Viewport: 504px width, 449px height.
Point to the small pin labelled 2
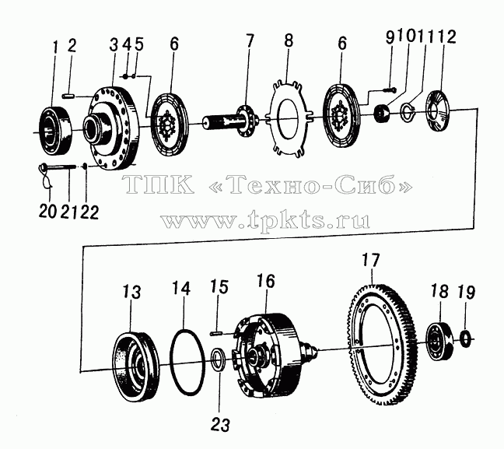(68, 96)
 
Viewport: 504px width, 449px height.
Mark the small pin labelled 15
(217, 334)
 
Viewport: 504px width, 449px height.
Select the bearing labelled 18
(439, 341)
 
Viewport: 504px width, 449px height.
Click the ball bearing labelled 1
(55, 130)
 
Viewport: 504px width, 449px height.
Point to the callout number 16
(265, 282)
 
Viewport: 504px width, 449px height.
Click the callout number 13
(131, 292)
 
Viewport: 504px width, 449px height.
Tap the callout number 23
(220, 425)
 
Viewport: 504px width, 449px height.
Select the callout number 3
(114, 46)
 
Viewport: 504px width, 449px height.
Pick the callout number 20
(47, 212)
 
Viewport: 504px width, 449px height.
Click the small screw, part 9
(390, 89)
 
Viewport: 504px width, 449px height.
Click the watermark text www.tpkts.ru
(265, 220)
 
